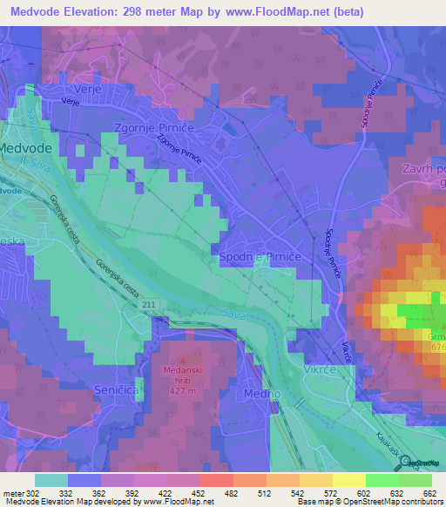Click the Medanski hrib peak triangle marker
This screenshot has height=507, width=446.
[182, 358]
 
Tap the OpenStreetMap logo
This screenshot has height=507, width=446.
[422, 463]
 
